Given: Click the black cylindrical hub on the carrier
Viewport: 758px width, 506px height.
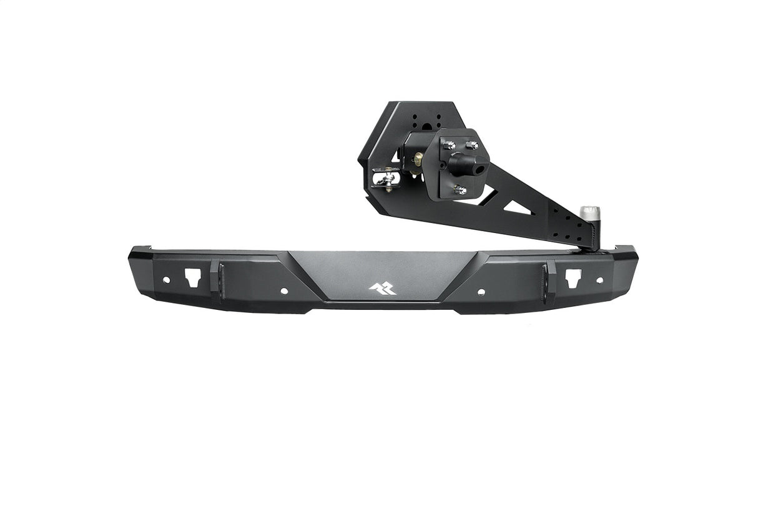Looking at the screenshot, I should tap(473, 163).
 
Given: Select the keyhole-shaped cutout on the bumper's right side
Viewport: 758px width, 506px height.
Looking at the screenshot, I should tap(571, 277).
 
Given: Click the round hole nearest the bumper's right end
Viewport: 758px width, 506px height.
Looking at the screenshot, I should tap(599, 280).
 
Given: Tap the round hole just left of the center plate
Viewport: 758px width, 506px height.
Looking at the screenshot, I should tap(284, 291).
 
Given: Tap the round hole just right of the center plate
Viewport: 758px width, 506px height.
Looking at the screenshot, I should tap(481, 291).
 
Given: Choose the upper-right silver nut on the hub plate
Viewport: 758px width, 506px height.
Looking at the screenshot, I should tap(473, 145).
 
